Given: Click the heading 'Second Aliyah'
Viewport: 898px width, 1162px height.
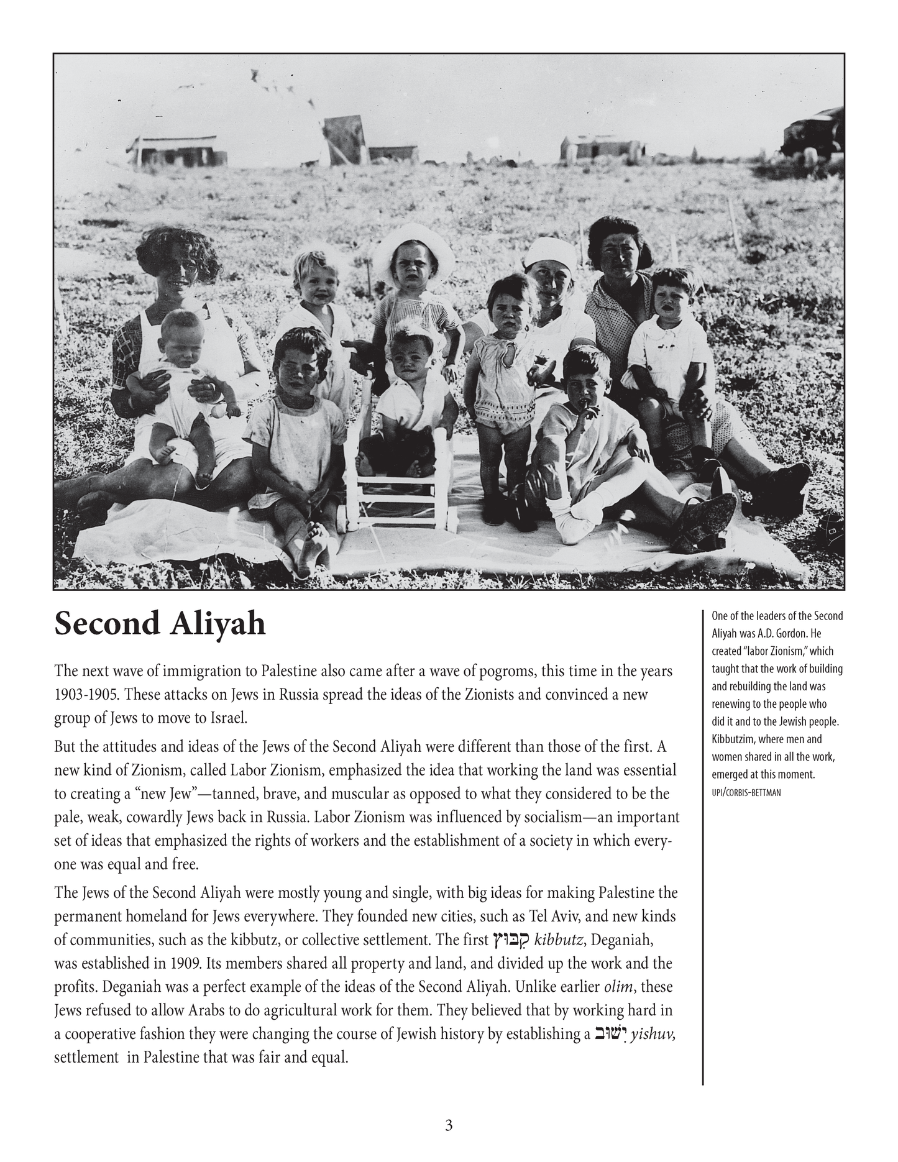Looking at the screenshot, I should (160, 624).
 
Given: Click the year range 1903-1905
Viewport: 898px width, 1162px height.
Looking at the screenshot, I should (85, 694).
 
